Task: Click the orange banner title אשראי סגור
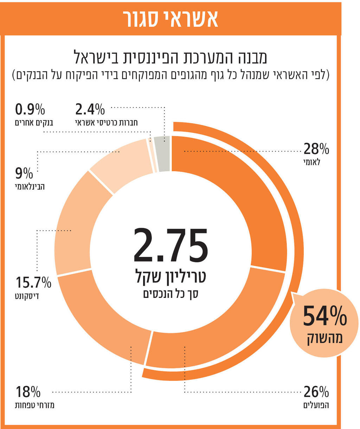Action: tap(171, 19)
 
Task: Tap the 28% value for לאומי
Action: tap(316, 149)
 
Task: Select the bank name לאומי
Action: tap(312, 162)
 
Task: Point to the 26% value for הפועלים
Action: tap(316, 392)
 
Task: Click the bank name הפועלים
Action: tap(316, 405)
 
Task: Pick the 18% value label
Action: tap(28, 392)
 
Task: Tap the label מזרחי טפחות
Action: tap(34, 405)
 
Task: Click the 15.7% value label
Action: tap(33, 282)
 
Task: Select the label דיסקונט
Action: tap(27, 296)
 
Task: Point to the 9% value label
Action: tap(24, 173)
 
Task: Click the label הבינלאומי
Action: tap(30, 186)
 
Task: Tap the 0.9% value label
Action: tap(30, 110)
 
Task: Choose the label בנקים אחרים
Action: tap(34, 123)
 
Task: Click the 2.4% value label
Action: tap(90, 110)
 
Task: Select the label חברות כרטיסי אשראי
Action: tap(106, 123)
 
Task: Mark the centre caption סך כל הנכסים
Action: tap(171, 294)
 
